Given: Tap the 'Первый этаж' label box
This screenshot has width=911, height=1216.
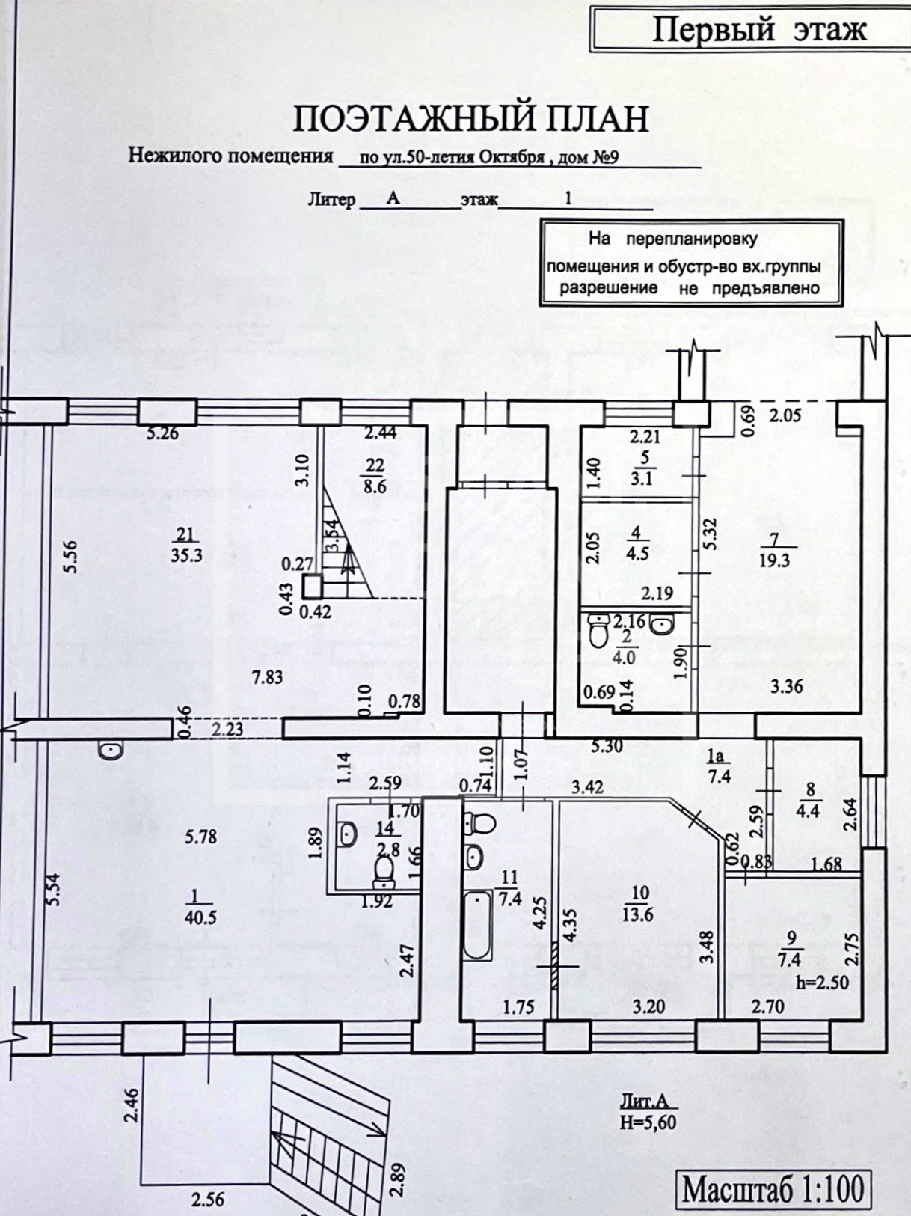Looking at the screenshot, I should (x=758, y=31).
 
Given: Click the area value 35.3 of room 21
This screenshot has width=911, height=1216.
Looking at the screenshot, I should (x=185, y=555).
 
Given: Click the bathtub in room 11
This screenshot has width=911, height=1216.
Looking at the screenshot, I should (x=477, y=925).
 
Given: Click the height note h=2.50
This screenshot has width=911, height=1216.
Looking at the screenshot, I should (x=823, y=983).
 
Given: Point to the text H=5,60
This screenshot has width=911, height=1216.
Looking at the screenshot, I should (x=648, y=1122).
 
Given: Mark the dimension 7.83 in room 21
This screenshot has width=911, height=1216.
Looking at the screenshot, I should (x=267, y=677).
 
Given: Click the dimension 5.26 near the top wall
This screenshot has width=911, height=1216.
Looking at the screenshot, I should (x=162, y=433).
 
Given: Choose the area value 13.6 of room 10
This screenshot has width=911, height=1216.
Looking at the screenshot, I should (x=640, y=914).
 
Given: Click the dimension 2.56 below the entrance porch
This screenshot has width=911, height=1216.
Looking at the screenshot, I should (x=207, y=1200).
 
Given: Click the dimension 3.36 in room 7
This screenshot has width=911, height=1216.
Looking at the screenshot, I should (x=786, y=685).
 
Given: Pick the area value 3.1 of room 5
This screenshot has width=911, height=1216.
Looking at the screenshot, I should (x=642, y=478).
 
